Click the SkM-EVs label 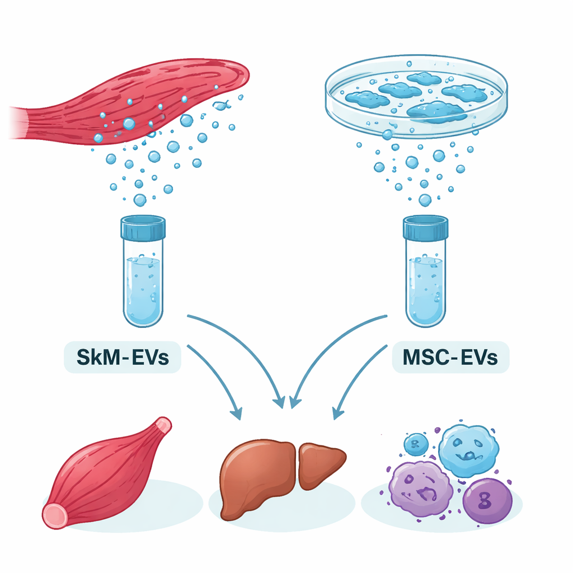[122, 357]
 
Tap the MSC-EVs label [450, 357]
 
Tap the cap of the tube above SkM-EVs [143, 228]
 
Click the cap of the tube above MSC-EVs [426, 228]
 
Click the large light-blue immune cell [468, 450]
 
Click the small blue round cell [416, 444]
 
